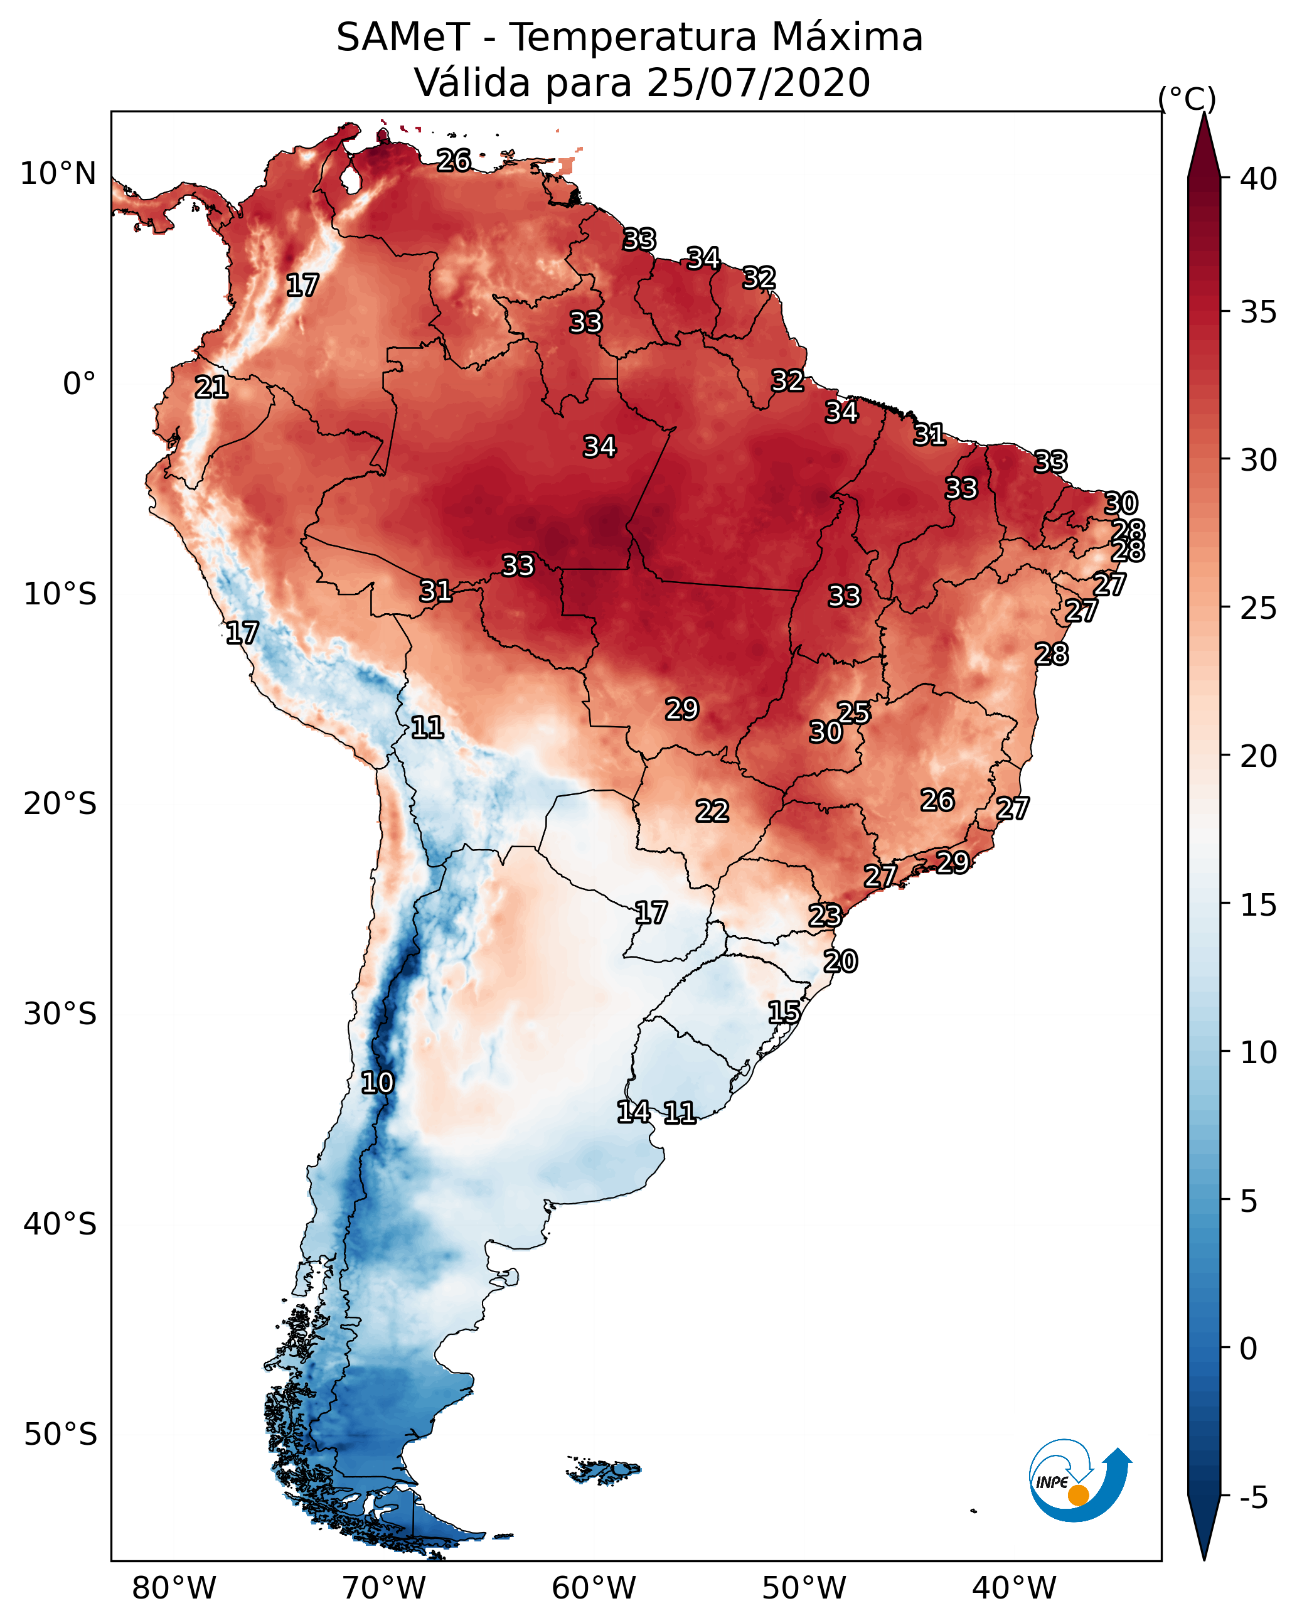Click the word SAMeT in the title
point(403,38)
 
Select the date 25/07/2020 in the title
point(757,83)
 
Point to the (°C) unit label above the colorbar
point(1187,99)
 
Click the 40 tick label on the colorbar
point(1259,179)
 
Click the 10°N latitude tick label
point(58,174)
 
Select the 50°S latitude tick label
point(60,1435)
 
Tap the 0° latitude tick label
point(79,384)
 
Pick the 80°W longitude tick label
point(174,1588)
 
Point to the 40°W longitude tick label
point(1014,1588)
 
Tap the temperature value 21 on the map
point(211,388)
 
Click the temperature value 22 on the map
point(712,811)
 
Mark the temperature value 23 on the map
point(825,916)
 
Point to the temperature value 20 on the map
point(840,961)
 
